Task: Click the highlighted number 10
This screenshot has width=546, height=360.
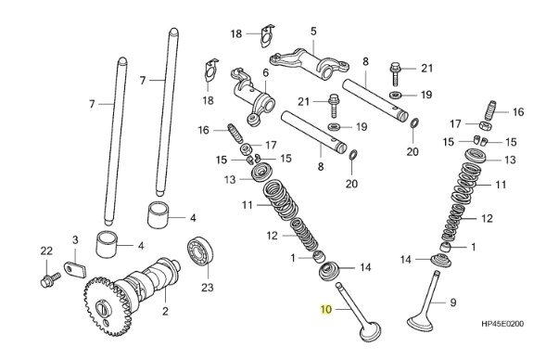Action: coord(326,309)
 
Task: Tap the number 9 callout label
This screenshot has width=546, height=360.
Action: coord(452,302)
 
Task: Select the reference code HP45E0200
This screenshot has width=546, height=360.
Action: coord(502,324)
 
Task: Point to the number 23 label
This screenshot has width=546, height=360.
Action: coord(207,288)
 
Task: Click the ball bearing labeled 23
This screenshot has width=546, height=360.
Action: coord(200,251)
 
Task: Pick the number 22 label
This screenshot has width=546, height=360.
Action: coord(46,251)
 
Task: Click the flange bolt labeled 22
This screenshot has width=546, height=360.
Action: coord(50,280)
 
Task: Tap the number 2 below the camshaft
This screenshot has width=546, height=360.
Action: coord(165,311)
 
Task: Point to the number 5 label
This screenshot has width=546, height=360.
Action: coord(313,32)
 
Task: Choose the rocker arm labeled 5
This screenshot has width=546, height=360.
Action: coord(310,64)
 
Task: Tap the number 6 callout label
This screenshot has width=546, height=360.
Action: coord(266,73)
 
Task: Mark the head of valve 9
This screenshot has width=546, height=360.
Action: coord(421,323)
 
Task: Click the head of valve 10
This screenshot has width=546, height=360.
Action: coord(370,332)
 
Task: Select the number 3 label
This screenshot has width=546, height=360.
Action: coord(75,240)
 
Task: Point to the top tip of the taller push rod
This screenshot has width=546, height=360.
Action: coord(173,31)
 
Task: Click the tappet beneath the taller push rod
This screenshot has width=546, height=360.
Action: coord(159,214)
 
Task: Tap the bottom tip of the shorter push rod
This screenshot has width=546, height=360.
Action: coord(108,223)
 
